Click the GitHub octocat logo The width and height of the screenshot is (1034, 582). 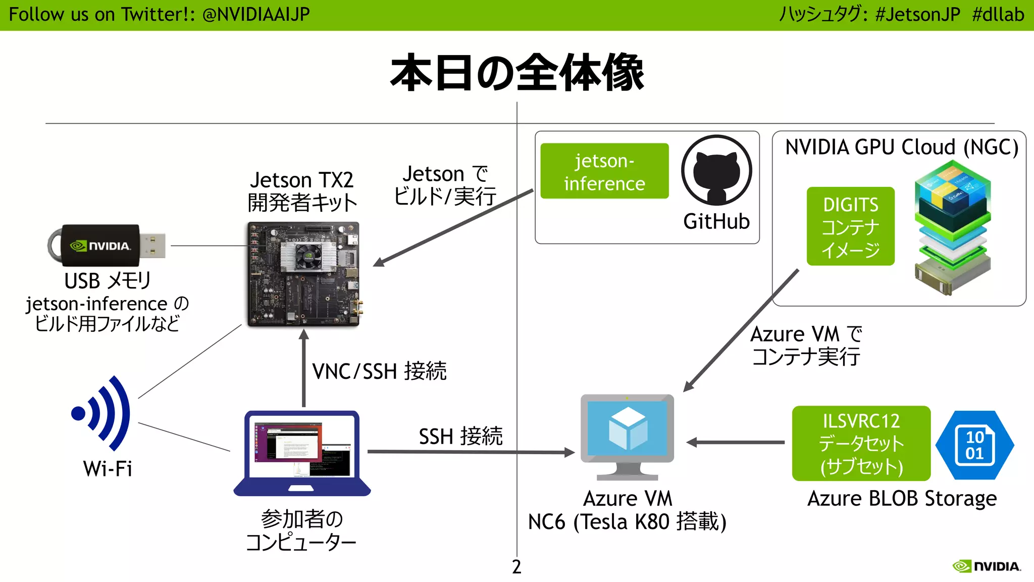(x=716, y=170)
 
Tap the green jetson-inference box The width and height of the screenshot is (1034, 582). (x=604, y=171)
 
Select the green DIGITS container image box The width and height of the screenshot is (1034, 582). (x=850, y=226)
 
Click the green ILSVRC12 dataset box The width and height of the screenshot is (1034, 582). (x=861, y=443)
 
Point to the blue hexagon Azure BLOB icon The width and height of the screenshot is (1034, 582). (x=974, y=445)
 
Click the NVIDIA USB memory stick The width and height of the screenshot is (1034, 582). (x=107, y=246)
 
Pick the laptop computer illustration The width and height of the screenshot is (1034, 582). (x=302, y=453)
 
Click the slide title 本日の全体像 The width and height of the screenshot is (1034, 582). (x=517, y=73)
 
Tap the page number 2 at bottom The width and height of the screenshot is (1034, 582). (x=516, y=566)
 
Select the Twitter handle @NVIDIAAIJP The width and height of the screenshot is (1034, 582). (x=256, y=14)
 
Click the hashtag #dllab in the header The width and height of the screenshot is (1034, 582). (x=998, y=14)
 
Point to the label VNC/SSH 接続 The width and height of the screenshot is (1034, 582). (x=379, y=371)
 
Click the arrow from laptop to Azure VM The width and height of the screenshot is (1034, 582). (x=470, y=452)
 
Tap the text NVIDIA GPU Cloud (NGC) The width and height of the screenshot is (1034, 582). (x=902, y=148)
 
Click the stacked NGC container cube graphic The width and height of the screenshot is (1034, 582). (x=952, y=227)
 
